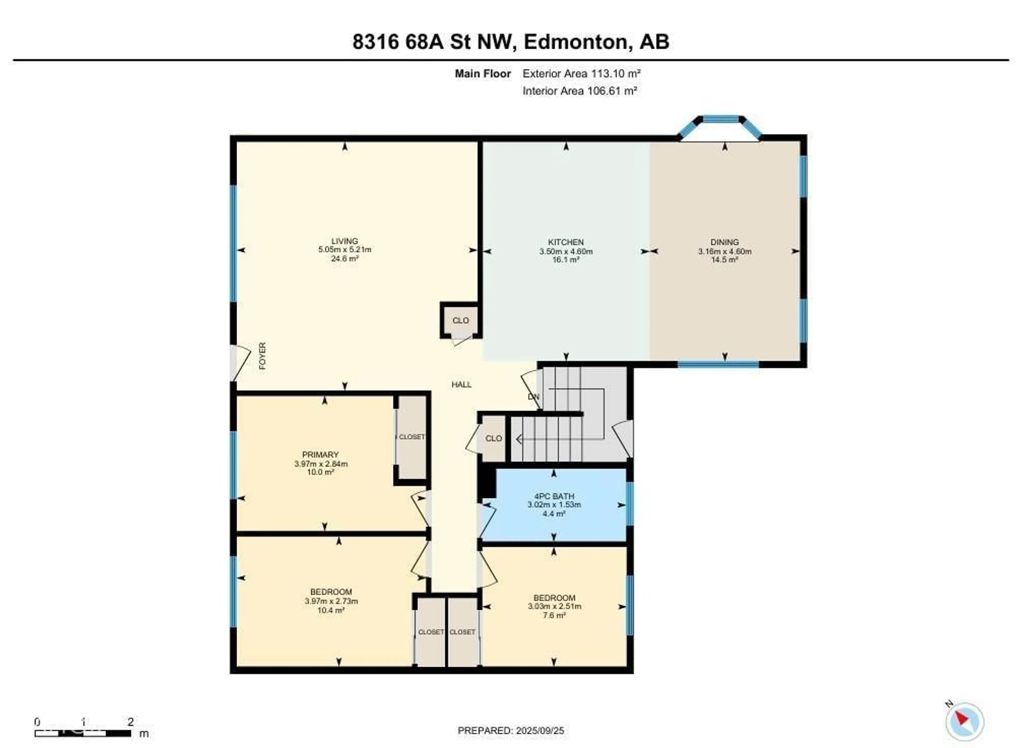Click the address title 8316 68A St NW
pos(510,42)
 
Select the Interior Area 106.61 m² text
pos(580,91)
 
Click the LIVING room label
pos(344,241)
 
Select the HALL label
pos(461,385)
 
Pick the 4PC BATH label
pos(554,496)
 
